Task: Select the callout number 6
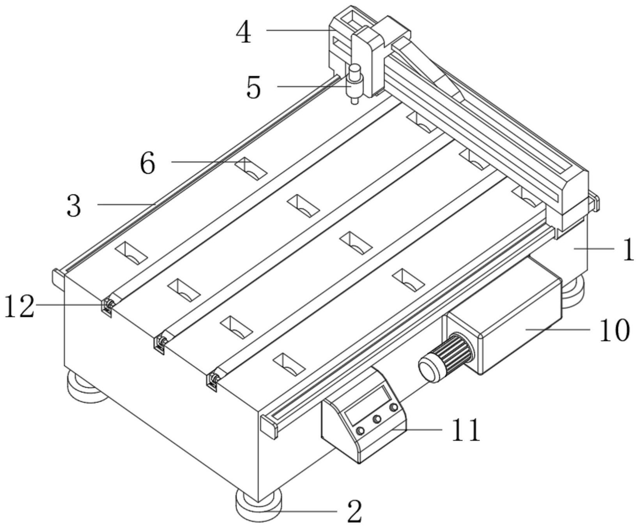[x=148, y=164]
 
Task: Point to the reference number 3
[x=74, y=206]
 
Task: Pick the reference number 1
[x=628, y=250]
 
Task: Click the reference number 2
[x=354, y=512]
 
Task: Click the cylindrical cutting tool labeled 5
[x=354, y=84]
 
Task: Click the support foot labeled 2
[x=258, y=507]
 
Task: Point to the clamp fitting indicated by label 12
[x=108, y=306]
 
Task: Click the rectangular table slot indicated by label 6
[x=251, y=169]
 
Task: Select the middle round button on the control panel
[x=377, y=419]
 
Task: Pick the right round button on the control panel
[x=394, y=408]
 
